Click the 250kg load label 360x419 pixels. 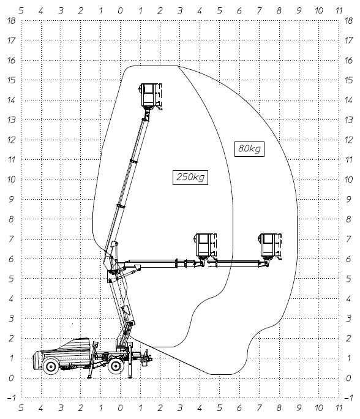(x=190, y=177)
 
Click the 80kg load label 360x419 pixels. (x=249, y=149)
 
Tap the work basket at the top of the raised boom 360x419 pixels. (x=151, y=96)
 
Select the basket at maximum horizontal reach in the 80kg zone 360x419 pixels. (x=270, y=246)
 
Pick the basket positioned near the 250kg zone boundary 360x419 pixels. (x=205, y=246)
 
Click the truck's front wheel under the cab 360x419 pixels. (x=50, y=366)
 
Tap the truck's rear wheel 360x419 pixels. (x=116, y=366)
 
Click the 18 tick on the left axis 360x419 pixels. (x=12, y=21)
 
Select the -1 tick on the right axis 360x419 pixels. (x=348, y=398)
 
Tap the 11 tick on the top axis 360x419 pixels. (x=339, y=10)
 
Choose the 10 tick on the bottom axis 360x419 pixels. (x=319, y=408)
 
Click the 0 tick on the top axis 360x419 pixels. (x=121, y=10)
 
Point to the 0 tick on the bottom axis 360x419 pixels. (x=121, y=408)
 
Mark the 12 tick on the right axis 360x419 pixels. (x=348, y=140)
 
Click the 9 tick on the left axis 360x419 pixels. (x=11, y=199)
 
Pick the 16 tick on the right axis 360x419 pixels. (x=348, y=61)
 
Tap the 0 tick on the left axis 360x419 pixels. (x=11, y=378)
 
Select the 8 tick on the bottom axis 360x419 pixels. (x=279, y=408)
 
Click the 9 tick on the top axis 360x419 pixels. (x=299, y=10)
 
